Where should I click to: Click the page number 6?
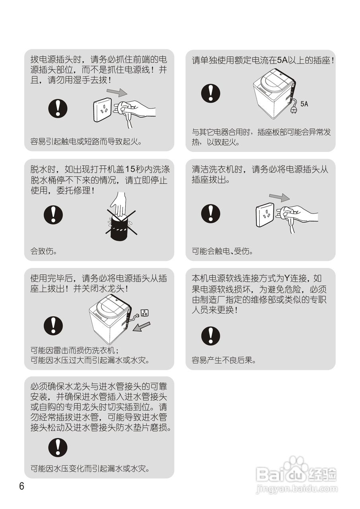click(21, 486)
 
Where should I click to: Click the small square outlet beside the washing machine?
click(145, 313)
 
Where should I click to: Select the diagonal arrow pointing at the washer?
click(142, 326)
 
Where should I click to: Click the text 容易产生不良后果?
click(224, 361)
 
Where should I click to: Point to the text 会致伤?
click(44, 251)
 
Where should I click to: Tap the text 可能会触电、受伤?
click(222, 251)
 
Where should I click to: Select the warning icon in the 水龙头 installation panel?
click(58, 447)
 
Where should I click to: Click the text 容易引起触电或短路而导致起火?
click(86, 141)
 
